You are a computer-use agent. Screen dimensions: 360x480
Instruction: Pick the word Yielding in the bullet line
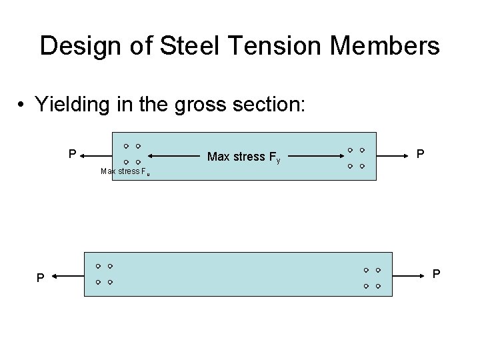76,105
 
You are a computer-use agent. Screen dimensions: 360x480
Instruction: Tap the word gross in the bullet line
201,105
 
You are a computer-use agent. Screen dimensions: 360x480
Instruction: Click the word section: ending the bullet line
269,105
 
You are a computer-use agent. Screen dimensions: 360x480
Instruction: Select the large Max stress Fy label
244,157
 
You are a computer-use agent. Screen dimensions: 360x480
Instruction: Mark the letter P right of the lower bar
437,273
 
